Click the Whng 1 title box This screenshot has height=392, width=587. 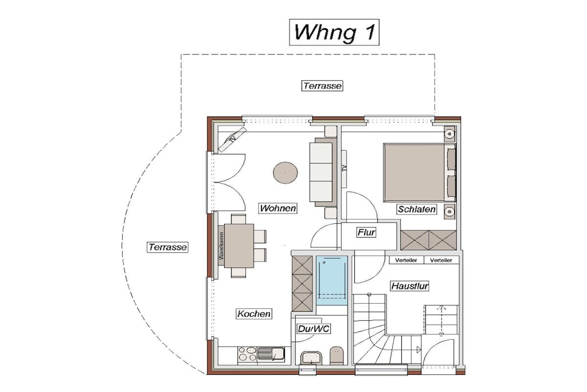(334, 32)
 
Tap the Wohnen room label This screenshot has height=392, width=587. (278, 208)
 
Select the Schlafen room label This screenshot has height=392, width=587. (417, 209)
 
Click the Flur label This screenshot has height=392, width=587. (366, 232)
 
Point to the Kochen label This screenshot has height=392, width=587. (254, 314)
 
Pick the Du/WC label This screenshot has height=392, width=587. (314, 329)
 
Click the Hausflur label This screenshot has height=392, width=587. (409, 286)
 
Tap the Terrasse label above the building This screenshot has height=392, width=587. (322, 86)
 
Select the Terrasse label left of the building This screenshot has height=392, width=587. (167, 247)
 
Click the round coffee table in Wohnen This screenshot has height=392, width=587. (285, 173)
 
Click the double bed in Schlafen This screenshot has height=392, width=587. (419, 173)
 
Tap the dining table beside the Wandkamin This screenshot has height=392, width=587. (239, 246)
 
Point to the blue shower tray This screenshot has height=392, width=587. (332, 281)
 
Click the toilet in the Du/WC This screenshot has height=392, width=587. (337, 355)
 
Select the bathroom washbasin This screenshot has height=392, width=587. (311, 358)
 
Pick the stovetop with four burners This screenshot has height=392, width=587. (248, 355)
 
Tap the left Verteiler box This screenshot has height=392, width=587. (406, 260)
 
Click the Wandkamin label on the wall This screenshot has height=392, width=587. (221, 246)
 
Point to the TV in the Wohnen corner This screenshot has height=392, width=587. (233, 139)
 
